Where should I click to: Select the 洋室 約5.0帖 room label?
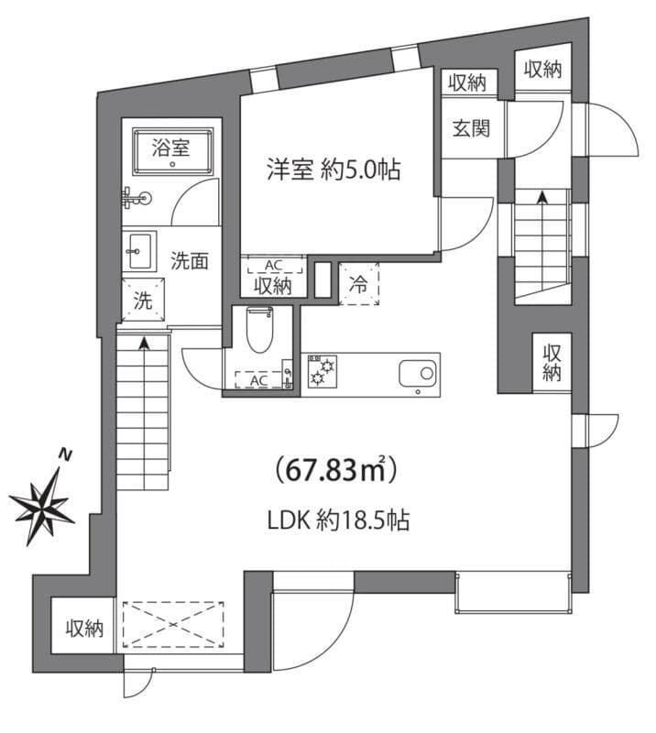coord(333,170)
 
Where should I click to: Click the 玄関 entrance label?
coord(469,127)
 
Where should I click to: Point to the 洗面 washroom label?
coord(190,259)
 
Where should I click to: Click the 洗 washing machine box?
coord(143,301)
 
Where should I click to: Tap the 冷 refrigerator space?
coord(359,285)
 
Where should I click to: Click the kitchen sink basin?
coord(419,373)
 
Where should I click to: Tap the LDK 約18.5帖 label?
coord(337,521)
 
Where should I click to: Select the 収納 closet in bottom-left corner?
coord(83,628)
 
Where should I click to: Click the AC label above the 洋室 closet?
coord(272,266)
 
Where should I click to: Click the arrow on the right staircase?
coord(542,196)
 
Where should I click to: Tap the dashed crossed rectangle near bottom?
coord(172,625)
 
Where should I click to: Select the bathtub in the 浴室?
coord(172,151)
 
